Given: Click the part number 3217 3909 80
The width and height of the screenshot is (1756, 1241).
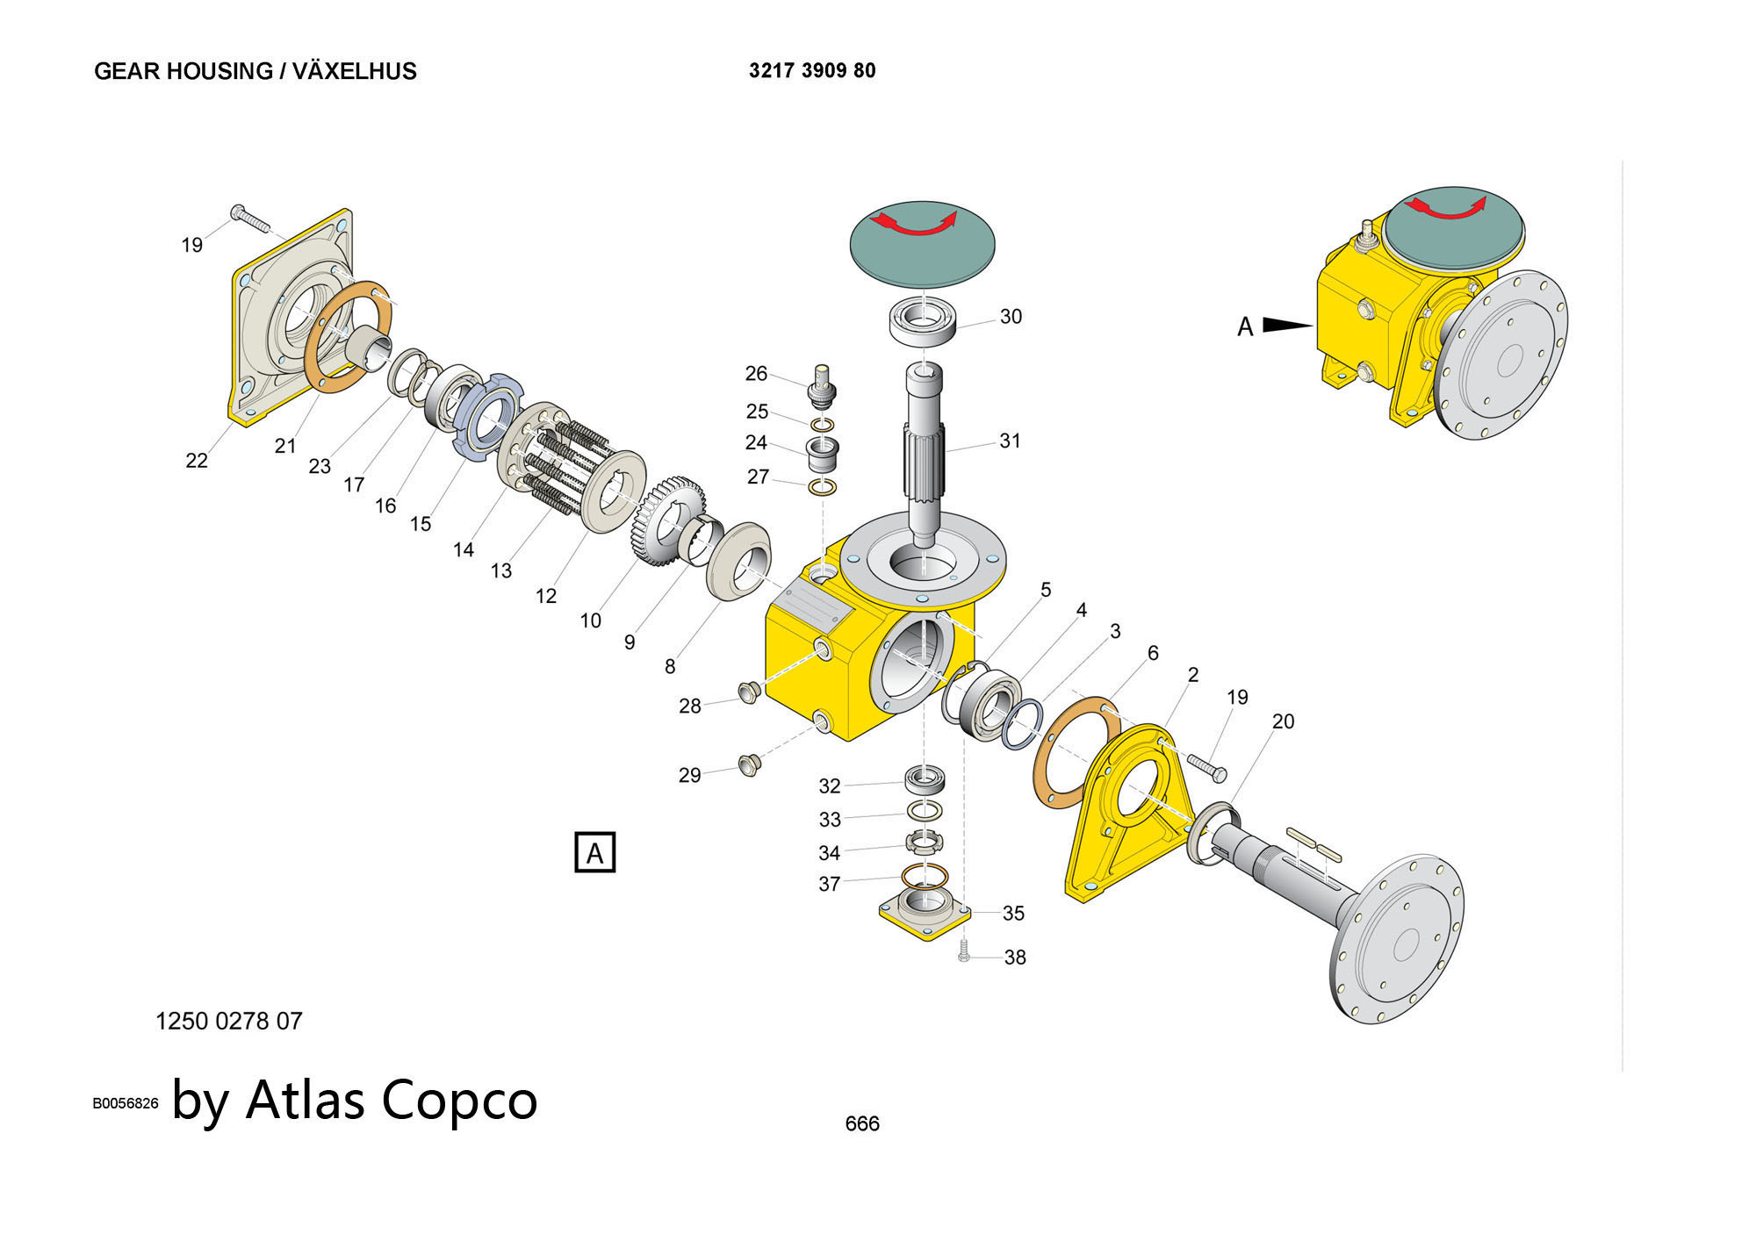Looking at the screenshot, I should coord(811,70).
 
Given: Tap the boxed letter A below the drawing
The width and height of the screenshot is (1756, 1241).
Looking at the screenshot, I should coord(594,852).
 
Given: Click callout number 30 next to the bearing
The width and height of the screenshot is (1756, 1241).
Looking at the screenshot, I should coord(1011,316).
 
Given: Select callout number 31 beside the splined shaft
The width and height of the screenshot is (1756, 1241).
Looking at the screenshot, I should coord(1010,441).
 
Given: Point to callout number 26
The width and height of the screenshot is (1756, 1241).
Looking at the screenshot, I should coord(756,374).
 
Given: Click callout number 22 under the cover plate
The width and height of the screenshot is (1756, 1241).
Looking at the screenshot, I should coord(197,460).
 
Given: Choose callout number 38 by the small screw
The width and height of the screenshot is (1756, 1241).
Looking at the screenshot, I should coord(1015,958).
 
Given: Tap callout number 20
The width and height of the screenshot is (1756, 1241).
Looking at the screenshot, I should coord(1283,721).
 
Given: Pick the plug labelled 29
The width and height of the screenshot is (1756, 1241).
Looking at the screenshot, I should coord(749,764).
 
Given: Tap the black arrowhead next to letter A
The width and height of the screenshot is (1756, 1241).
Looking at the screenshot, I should coord(1287,325).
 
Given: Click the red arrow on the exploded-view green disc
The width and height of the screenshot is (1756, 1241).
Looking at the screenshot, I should coord(921,225).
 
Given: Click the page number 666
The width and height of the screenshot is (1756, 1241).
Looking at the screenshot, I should coord(861,1123).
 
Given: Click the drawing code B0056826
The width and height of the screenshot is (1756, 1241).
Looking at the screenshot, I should coord(126,1103).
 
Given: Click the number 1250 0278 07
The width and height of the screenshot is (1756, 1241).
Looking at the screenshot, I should coord(228,1021).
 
